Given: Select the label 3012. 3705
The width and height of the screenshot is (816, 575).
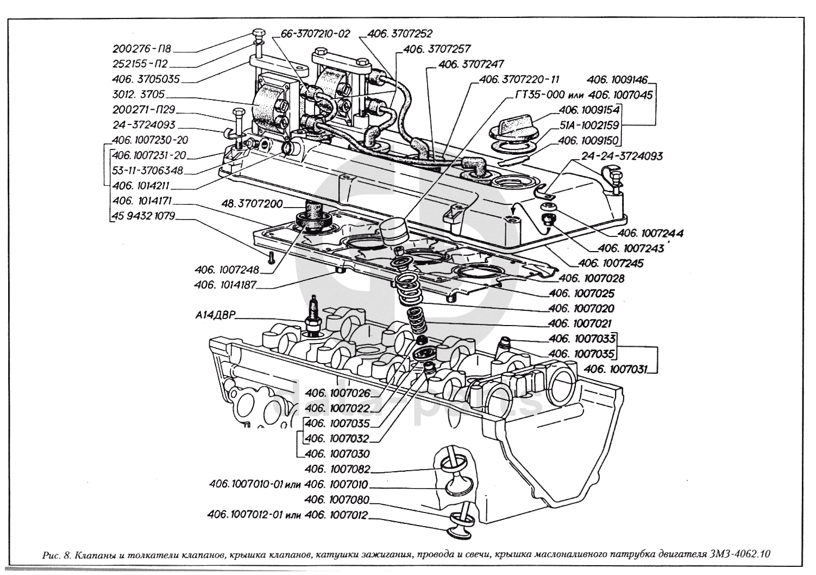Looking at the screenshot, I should click(139, 94).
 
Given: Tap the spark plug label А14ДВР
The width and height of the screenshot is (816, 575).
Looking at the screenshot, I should click(213, 315).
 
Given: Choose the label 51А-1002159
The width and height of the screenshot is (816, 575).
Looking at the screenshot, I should click(589, 125).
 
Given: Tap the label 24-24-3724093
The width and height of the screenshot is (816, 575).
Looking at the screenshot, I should click(622, 156).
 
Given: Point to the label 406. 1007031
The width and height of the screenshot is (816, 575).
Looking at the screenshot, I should click(616, 370).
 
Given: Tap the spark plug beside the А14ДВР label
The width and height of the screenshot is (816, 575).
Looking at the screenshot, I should click(313, 315).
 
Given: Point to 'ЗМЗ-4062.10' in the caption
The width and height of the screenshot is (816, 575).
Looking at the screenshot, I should click(739, 555).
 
